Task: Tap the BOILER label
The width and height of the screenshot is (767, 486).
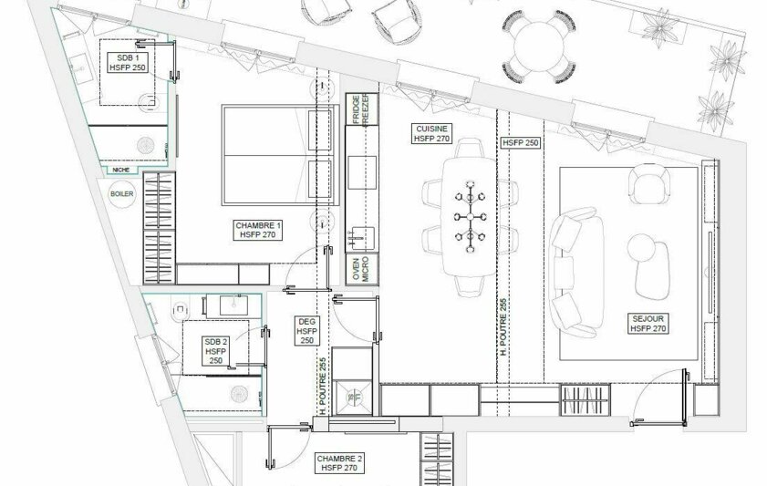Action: (x=121, y=193)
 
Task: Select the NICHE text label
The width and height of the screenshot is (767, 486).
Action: (x=119, y=170)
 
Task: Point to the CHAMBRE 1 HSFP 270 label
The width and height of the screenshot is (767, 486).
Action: (x=259, y=230)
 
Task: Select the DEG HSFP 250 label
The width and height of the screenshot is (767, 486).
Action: (x=306, y=331)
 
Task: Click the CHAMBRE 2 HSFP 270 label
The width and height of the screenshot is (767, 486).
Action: (x=338, y=462)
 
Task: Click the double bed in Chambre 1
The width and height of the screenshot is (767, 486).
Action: (x=275, y=155)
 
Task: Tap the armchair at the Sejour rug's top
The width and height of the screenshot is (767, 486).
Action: (x=648, y=187)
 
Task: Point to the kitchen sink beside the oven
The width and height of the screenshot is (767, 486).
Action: (x=359, y=239)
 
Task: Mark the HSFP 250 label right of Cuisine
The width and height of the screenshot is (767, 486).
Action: (x=521, y=143)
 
